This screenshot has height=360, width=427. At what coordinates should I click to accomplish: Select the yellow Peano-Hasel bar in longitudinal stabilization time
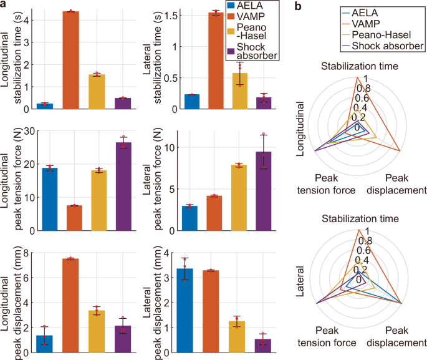(97, 92)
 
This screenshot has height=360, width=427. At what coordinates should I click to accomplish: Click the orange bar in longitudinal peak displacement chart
(71, 306)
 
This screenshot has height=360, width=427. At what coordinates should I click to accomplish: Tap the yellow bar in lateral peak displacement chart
(237, 337)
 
